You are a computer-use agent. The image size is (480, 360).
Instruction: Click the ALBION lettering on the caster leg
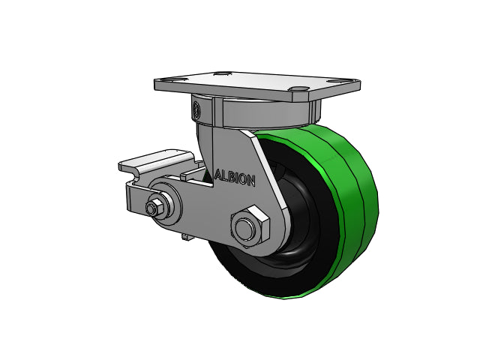(x=235, y=178)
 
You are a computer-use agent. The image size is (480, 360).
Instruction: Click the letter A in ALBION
(x=218, y=175)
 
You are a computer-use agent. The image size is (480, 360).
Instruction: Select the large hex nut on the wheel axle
(x=250, y=226)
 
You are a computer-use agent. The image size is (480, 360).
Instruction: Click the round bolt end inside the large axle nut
(x=244, y=229)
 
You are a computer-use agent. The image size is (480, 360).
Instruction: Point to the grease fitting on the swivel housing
(x=196, y=109)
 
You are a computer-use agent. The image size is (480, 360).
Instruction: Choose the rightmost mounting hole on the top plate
(x=339, y=82)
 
